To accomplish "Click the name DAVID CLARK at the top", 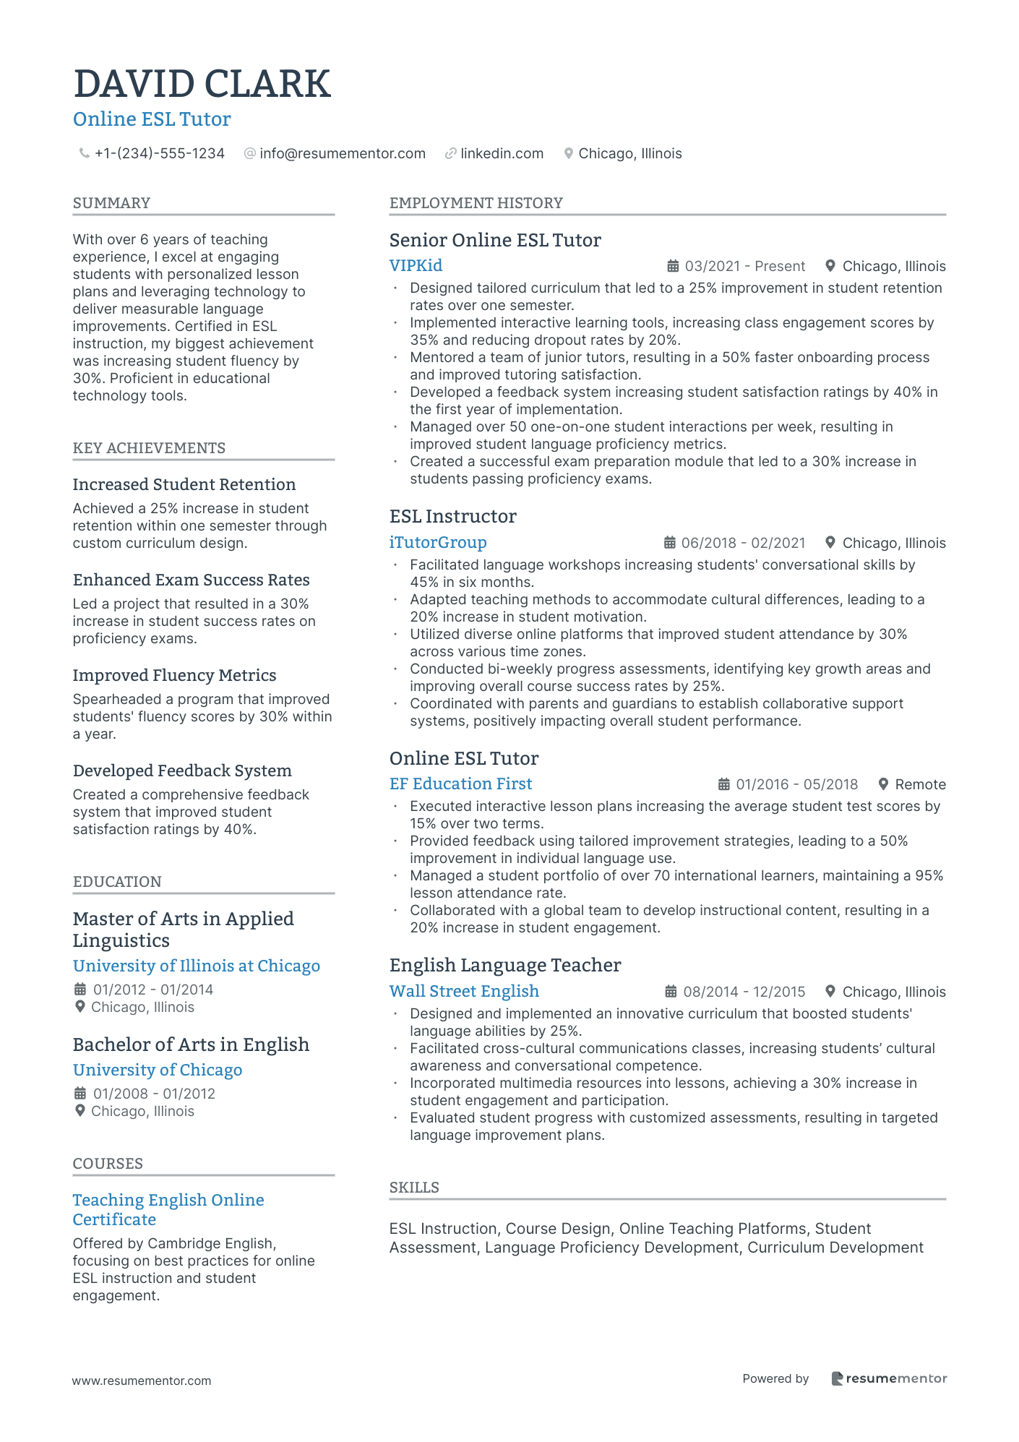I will (x=202, y=84).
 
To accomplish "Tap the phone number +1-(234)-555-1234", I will (x=159, y=153).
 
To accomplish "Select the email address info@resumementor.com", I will (x=342, y=153).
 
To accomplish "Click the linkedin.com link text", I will (x=502, y=153).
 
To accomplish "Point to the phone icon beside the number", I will (x=84, y=153).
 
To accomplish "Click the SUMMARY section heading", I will (x=111, y=203).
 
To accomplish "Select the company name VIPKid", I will (x=416, y=265).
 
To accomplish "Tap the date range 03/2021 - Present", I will (x=744, y=266).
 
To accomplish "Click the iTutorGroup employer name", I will (x=438, y=542).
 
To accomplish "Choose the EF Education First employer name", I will (x=460, y=784).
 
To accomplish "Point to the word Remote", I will (x=920, y=784).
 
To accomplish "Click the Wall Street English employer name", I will (x=464, y=991).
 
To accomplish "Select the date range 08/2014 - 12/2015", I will (x=744, y=992).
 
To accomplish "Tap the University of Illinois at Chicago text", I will (x=196, y=966).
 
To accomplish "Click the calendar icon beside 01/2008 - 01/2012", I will (x=80, y=1094).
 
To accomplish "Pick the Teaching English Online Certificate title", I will (x=168, y=1209).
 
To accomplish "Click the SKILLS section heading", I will (x=414, y=1188).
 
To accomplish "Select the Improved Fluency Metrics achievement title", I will (x=174, y=675).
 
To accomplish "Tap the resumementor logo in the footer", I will (x=889, y=1378).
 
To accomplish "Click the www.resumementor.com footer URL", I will (x=142, y=1381).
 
